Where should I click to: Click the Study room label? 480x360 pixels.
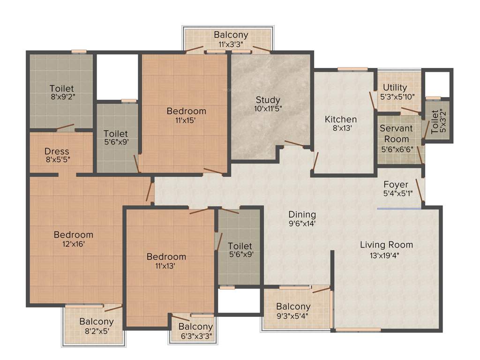tap(268, 100)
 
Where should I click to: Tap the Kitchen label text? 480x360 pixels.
tap(341, 119)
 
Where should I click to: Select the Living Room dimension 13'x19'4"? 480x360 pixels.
tap(386, 255)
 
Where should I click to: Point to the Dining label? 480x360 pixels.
tap(302, 214)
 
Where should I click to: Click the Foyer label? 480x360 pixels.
tap(396, 184)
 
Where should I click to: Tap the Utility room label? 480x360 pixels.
tap(395, 88)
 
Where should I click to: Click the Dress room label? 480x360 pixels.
tap(57, 151)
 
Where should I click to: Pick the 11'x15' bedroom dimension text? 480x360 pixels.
tap(180, 120)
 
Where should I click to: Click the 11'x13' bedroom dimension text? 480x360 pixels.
tap(166, 266)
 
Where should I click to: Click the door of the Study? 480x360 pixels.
tap(294, 144)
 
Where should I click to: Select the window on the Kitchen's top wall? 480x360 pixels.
tap(352, 69)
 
